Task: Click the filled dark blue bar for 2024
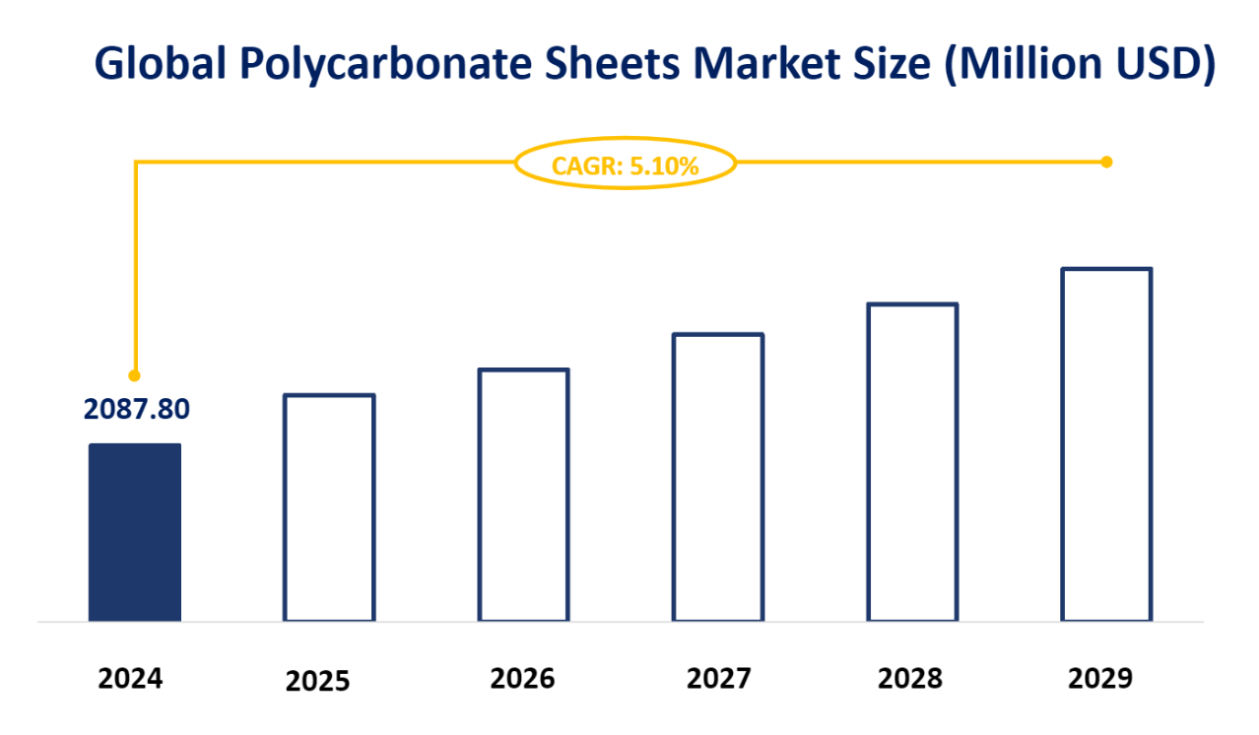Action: pyautogui.click(x=135, y=532)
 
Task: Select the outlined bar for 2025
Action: pyautogui.click(x=329, y=507)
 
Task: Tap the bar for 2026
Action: pyautogui.click(x=523, y=495)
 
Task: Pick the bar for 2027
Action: pyautogui.click(x=717, y=477)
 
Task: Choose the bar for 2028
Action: pyautogui.click(x=912, y=462)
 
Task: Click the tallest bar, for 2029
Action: pyautogui.click(x=1106, y=444)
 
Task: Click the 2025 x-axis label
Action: pyautogui.click(x=318, y=681)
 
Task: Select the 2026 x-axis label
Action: pyautogui.click(x=523, y=678)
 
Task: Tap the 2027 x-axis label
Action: pyautogui.click(x=718, y=678)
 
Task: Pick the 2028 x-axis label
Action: pyautogui.click(x=910, y=678)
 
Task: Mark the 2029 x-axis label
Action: pyautogui.click(x=1101, y=678)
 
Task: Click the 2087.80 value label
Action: pyautogui.click(x=136, y=408)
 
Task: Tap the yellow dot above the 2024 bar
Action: pyautogui.click(x=135, y=375)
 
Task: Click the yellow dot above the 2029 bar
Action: pyautogui.click(x=1106, y=162)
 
